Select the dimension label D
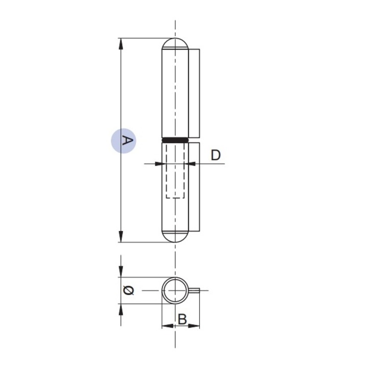216,155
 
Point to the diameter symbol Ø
129,290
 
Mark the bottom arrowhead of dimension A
121,237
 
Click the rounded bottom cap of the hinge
175,236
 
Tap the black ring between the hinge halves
175,140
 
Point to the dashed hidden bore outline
175,174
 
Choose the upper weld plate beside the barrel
195,92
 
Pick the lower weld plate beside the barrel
194,187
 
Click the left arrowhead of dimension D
159,164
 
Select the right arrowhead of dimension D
192,164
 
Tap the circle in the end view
175,290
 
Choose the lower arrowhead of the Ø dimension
121,308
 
